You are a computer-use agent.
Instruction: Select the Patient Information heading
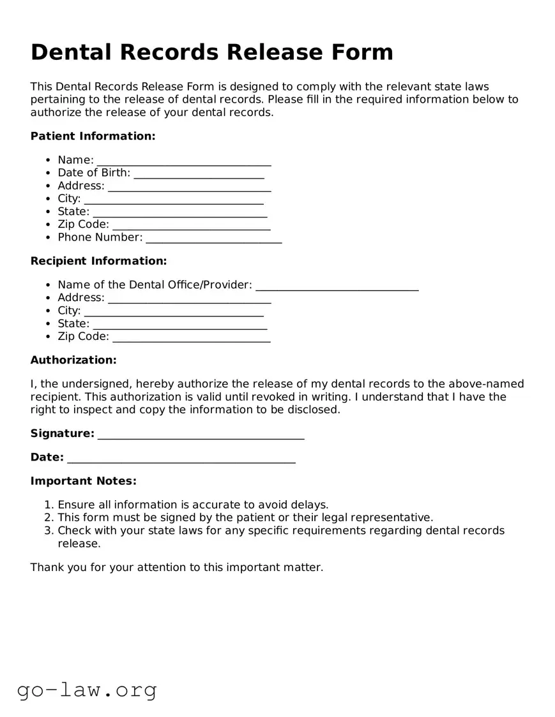click(93, 136)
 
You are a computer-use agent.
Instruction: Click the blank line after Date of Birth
click(199, 174)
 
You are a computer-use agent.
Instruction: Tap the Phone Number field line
click(213, 239)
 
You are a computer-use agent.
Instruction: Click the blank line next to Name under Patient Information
click(184, 161)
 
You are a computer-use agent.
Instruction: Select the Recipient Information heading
click(98, 261)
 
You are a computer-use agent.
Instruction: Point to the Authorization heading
click(73, 360)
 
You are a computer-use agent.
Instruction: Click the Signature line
click(201, 435)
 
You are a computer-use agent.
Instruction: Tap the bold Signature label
click(62, 434)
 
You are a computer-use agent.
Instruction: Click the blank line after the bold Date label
click(181, 459)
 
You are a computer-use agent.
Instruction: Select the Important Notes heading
click(83, 481)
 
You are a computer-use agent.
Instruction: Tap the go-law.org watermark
click(87, 690)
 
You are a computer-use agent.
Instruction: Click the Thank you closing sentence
click(177, 567)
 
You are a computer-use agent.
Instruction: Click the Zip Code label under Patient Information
click(83, 225)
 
